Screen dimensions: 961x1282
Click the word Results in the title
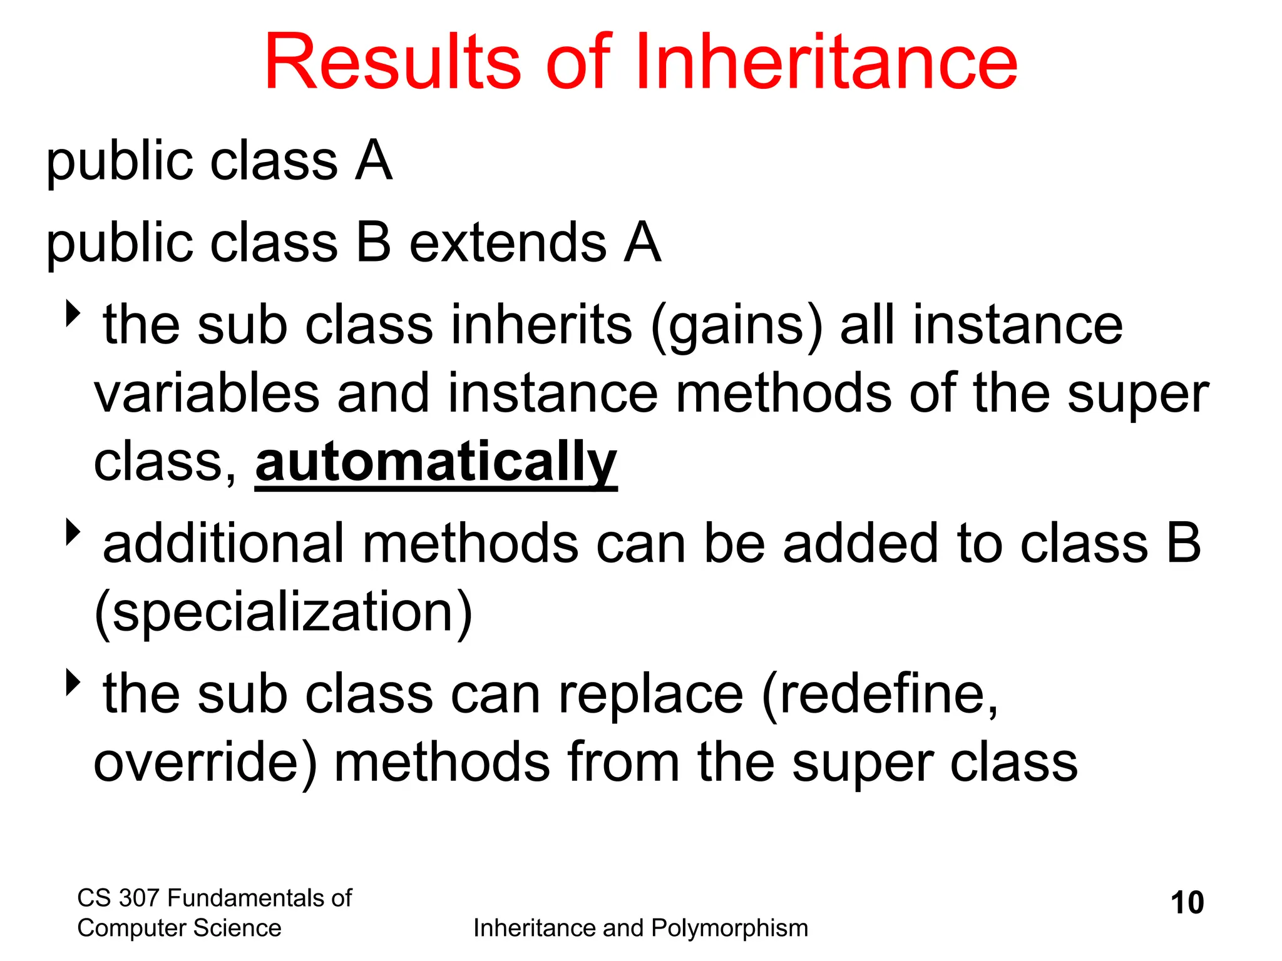(x=392, y=63)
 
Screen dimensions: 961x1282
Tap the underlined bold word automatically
(x=436, y=463)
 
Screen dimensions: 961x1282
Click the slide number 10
(x=1187, y=903)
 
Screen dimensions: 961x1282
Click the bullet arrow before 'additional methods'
(x=74, y=532)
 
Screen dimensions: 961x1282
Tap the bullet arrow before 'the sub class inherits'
(x=74, y=313)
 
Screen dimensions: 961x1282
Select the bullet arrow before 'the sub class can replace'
(x=74, y=682)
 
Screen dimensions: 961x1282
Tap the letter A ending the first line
(x=374, y=161)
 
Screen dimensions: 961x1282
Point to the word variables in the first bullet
(x=207, y=394)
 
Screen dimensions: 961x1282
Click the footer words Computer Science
(x=179, y=928)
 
